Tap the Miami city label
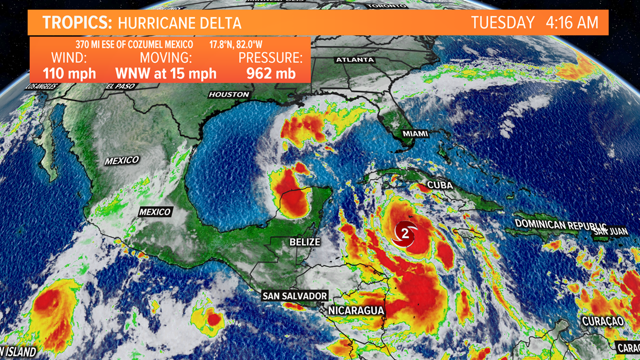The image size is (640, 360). (415, 134)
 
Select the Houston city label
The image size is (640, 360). (228, 94)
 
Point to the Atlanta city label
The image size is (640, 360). (355, 60)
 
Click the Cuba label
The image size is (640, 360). (441, 185)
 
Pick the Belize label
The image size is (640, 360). (305, 242)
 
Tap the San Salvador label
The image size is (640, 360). (295, 296)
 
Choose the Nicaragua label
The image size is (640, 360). (356, 311)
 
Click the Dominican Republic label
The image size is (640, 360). (554, 225)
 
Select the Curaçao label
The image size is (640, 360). (602, 321)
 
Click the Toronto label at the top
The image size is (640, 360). (386, 6)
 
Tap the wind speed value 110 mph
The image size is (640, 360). (70, 73)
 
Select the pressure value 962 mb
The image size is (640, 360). (271, 73)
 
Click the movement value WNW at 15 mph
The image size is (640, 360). (166, 73)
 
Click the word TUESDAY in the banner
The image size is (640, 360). (502, 23)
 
